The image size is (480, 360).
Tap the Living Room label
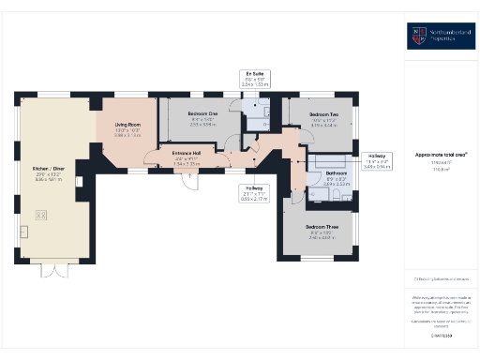[127, 125]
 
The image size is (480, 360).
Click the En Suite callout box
[254, 78]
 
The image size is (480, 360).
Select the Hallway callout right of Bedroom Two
[376, 159]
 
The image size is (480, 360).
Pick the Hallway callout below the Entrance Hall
[253, 194]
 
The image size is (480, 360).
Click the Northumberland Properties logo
[441, 37]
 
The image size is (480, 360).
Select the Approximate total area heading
[441, 154]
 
